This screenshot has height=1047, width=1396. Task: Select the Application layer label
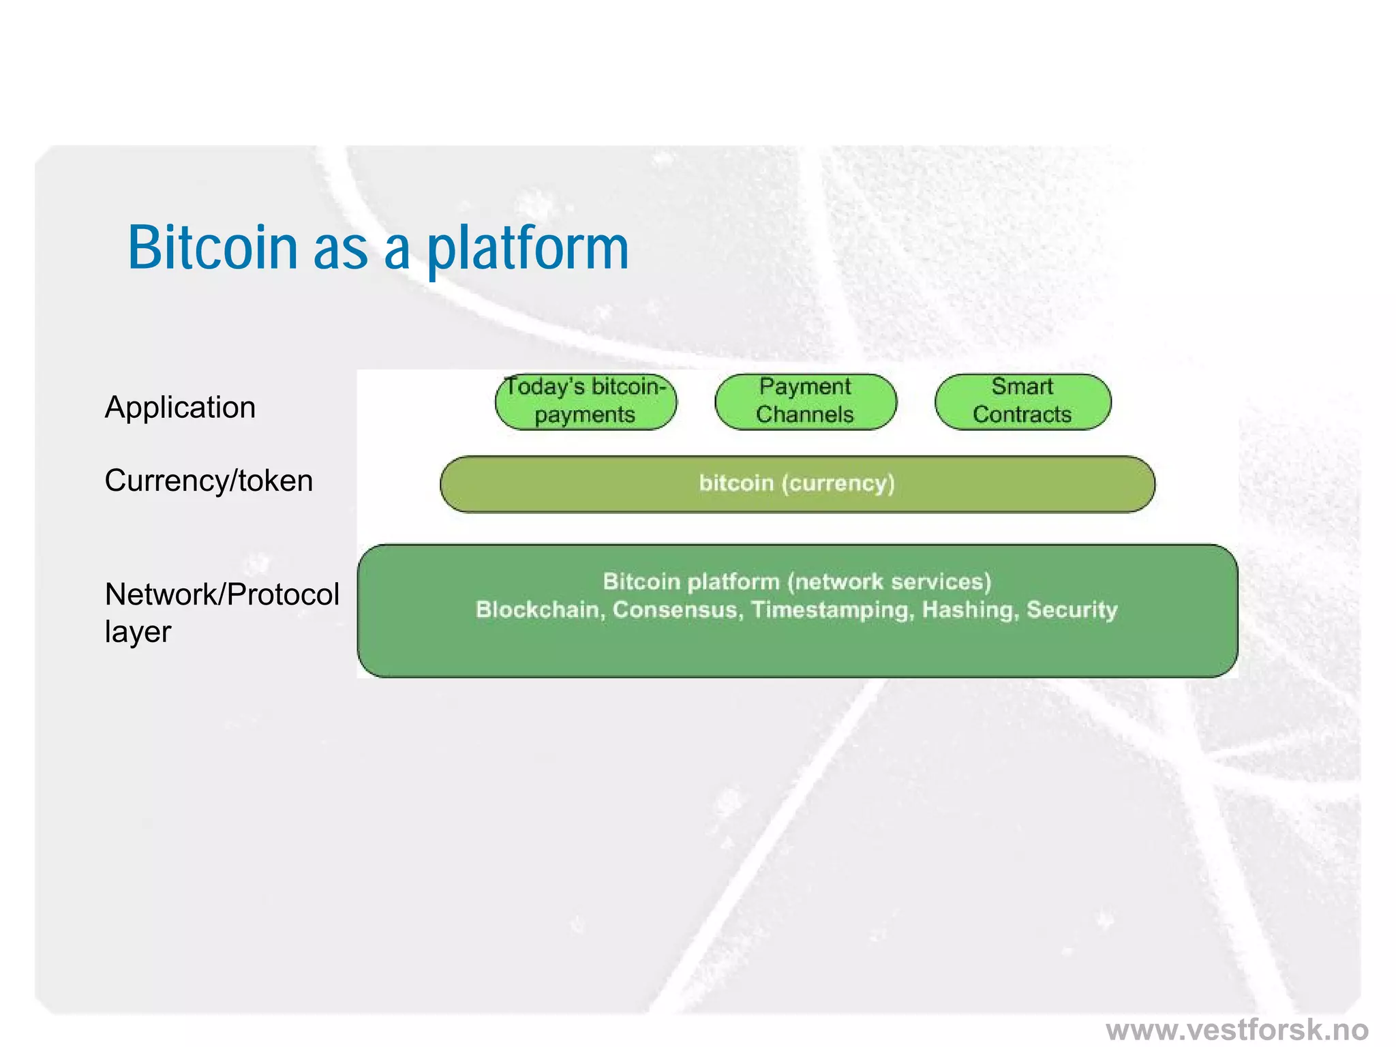tap(180, 408)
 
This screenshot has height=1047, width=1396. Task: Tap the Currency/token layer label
tap(209, 481)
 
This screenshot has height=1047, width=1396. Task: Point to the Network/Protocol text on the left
tap(222, 594)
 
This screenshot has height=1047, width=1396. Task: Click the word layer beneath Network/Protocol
tap(138, 632)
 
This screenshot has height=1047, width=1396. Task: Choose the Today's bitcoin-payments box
tap(585, 401)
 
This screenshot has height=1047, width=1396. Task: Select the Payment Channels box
tap(805, 401)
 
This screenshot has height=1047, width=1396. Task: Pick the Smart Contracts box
tap(1022, 401)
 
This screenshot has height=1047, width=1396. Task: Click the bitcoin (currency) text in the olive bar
tap(796, 483)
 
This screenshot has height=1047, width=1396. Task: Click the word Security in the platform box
tap(1072, 609)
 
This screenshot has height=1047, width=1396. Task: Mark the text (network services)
tap(889, 581)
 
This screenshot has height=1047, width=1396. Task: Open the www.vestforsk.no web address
tap(1236, 1029)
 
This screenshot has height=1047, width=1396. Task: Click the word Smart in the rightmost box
tap(1022, 386)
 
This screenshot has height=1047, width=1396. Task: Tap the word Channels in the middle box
tap(804, 414)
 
